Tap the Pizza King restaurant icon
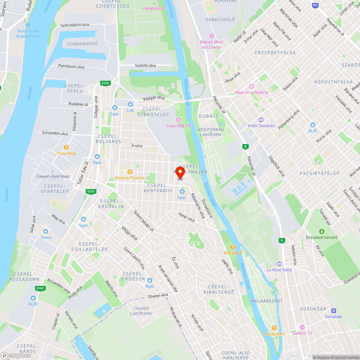pyautogui.click(x=66, y=147)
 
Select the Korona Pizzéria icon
pyautogui.click(x=130, y=172)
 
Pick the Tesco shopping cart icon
pyautogui.click(x=46, y=231)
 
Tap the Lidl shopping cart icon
pyautogui.click(x=130, y=104)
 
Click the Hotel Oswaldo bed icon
pyautogui.click(x=261, y=120)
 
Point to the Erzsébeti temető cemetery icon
pyautogui.click(x=321, y=231)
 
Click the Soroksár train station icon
pyautogui.click(x=334, y=310)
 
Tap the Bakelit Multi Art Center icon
pyautogui.click(x=212, y=36)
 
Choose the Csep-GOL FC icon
pyautogui.click(x=178, y=120)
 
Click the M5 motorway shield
pyautogui.click(x=315, y=5)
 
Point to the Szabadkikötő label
pyautogui.click(x=82, y=44)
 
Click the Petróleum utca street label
pyautogui.click(x=71, y=66)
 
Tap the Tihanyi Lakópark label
pyautogui.click(x=141, y=311)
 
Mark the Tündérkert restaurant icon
pyautogui.click(x=274, y=328)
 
